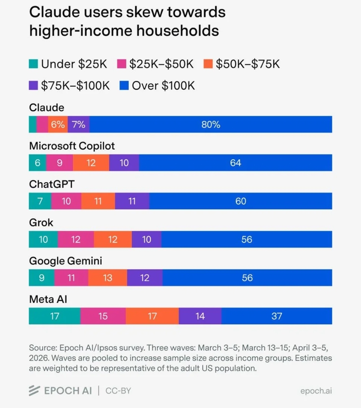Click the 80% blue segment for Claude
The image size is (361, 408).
(211, 124)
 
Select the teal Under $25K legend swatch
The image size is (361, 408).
(33, 64)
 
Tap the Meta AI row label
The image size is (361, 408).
(48, 299)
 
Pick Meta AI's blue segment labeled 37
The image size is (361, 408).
(276, 316)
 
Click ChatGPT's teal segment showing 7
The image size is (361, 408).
(40, 201)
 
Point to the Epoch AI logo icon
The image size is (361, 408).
(34, 390)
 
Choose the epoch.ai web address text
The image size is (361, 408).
(316, 391)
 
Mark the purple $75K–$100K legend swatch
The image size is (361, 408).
(33, 86)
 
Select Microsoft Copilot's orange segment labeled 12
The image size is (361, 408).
(91, 163)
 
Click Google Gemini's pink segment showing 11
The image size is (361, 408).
(71, 278)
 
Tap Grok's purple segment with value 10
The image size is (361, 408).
(146, 239)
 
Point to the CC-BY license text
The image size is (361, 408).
(118, 391)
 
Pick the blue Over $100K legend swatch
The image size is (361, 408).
(124, 86)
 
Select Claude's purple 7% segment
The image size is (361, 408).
(79, 124)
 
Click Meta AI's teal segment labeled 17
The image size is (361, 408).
(54, 316)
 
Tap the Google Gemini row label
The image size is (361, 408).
(66, 261)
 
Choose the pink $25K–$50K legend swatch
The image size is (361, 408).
(122, 64)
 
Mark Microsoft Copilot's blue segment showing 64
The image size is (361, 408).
(235, 163)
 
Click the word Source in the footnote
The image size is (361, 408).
(38, 348)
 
